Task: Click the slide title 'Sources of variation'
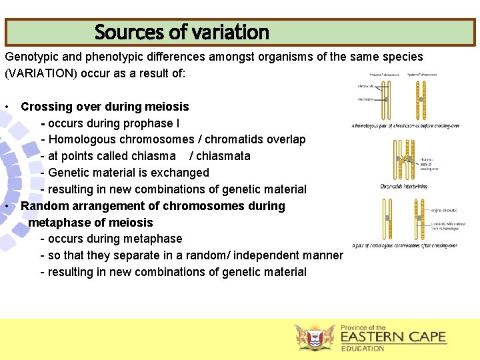click(181, 32)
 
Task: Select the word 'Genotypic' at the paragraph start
click(31, 57)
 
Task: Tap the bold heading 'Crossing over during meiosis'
click(105, 107)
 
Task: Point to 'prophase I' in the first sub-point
click(151, 123)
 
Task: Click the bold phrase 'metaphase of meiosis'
click(91, 222)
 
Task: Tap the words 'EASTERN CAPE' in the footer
click(393, 337)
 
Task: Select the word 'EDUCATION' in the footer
click(363, 349)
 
